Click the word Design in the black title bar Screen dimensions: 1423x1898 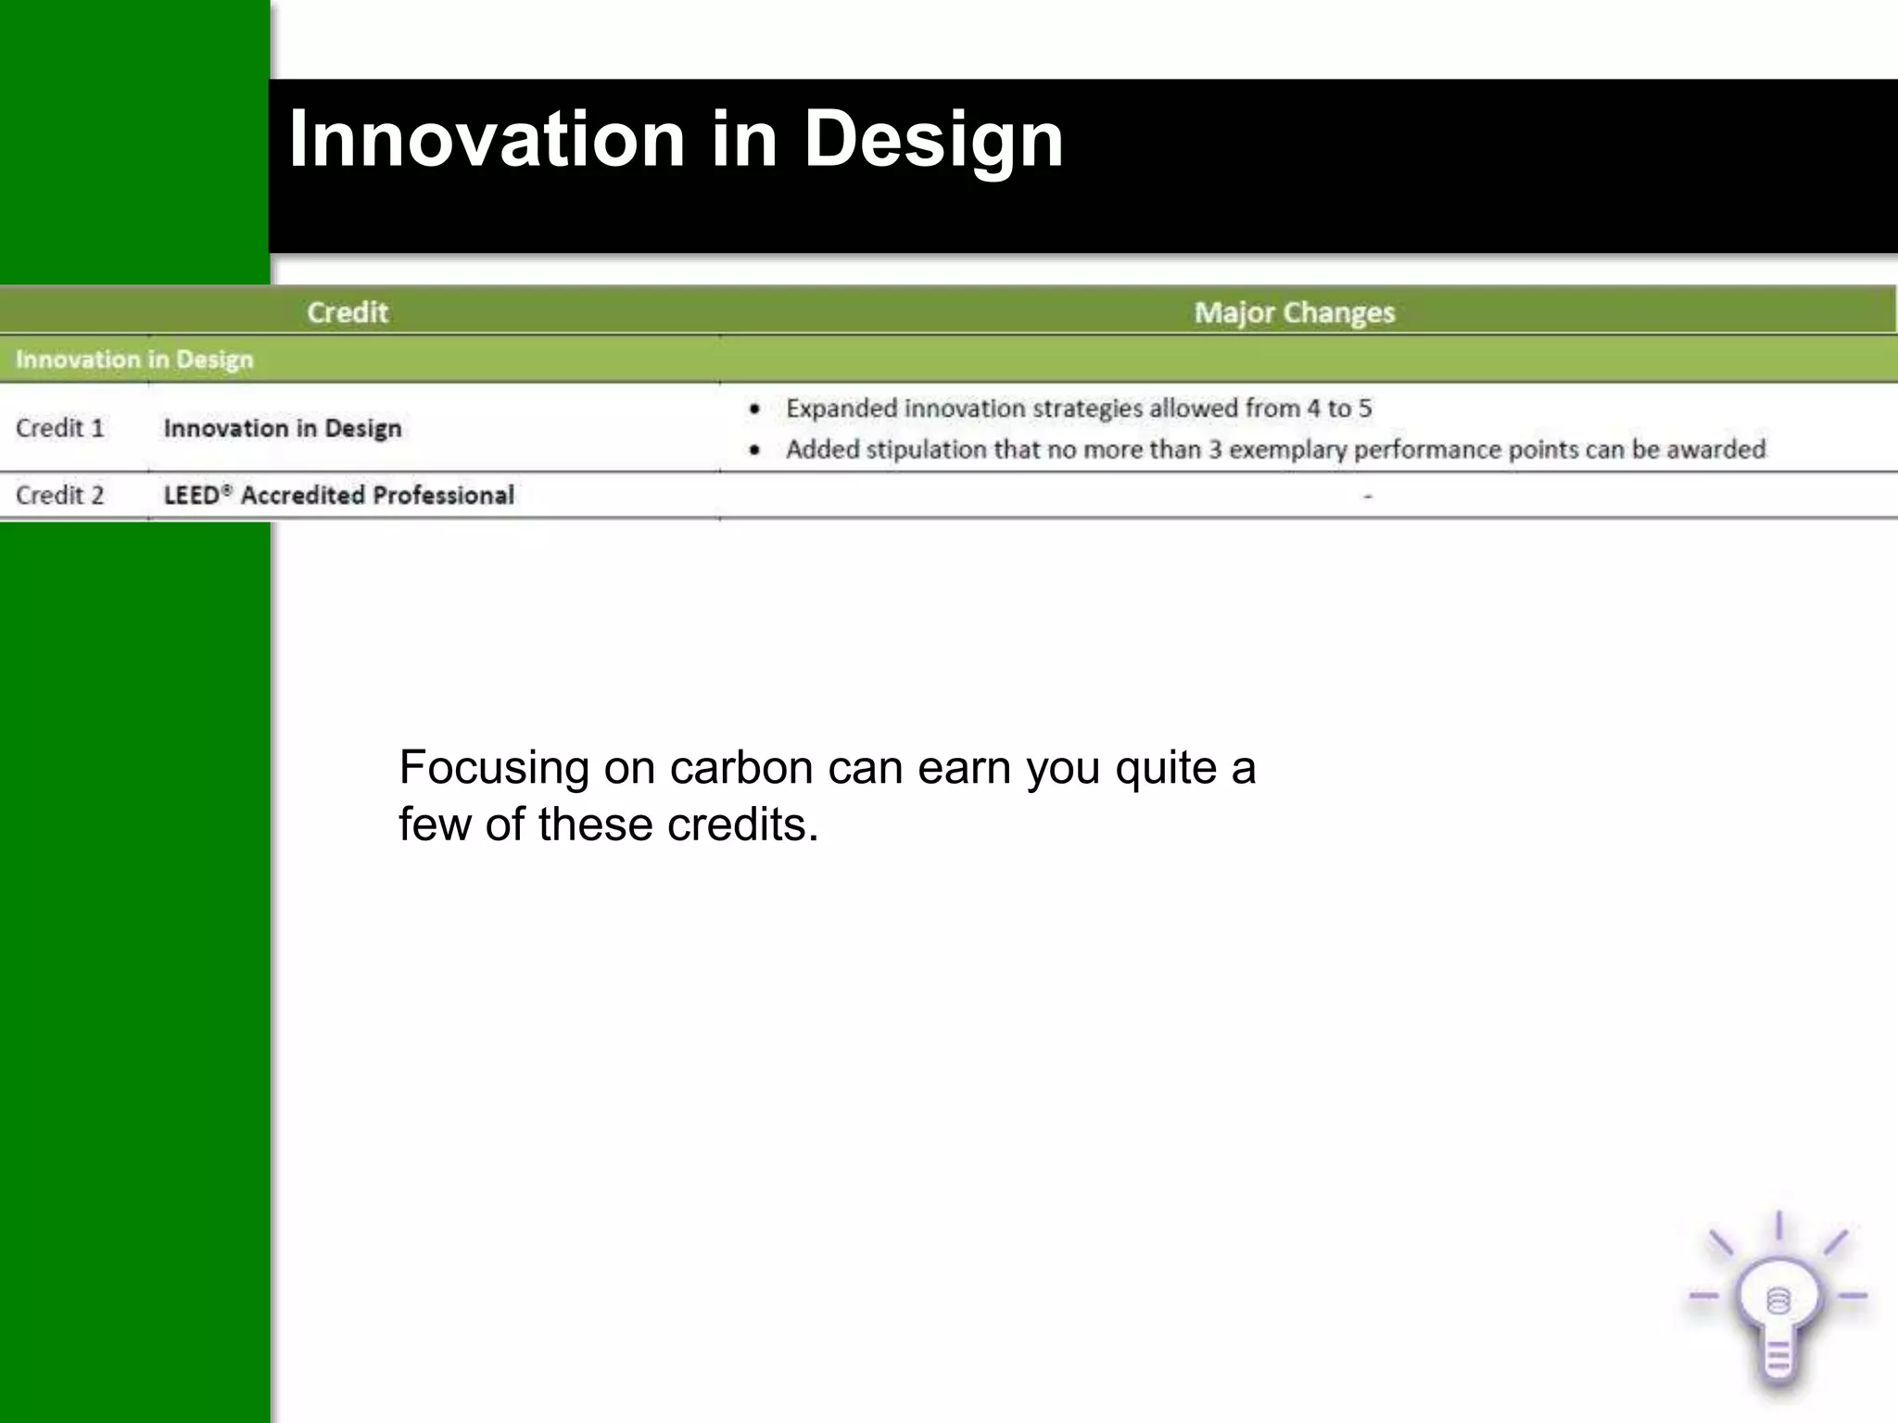(x=933, y=139)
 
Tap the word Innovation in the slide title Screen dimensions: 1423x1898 (x=487, y=139)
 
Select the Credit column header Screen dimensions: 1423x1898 (x=348, y=312)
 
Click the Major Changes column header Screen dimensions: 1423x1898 (x=1294, y=313)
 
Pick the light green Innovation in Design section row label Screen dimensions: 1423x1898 (x=134, y=359)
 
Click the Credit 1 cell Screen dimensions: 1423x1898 (x=60, y=428)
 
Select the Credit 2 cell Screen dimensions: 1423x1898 (x=60, y=496)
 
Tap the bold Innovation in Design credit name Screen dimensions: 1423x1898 (x=283, y=428)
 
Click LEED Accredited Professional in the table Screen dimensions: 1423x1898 (x=338, y=496)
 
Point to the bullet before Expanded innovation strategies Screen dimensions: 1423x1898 (x=755, y=409)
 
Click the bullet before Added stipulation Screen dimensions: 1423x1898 (x=755, y=450)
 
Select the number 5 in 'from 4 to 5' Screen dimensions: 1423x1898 (x=1365, y=409)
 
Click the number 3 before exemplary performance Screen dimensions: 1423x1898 (x=1215, y=450)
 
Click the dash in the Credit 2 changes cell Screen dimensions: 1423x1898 (x=1368, y=497)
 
